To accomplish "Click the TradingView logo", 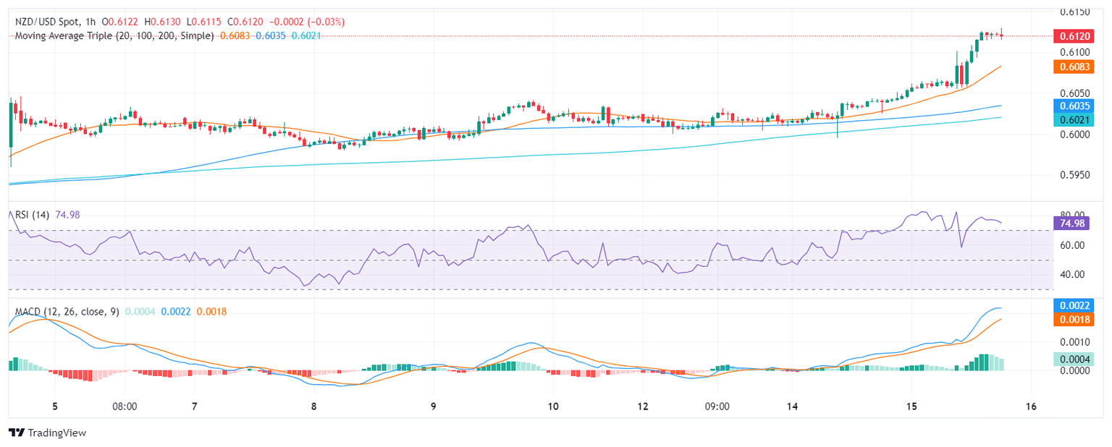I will click(x=47, y=433).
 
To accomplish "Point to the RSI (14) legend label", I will click(x=33, y=214).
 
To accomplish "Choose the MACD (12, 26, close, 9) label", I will click(x=67, y=311).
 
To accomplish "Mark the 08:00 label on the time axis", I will click(x=125, y=406).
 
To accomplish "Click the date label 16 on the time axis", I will click(x=1032, y=406).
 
